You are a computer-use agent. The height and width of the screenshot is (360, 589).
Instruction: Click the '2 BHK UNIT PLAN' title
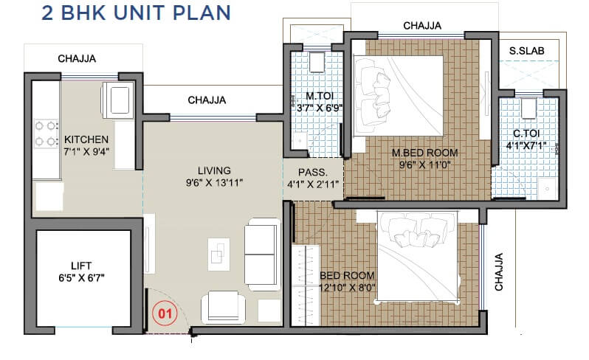tap(117, 13)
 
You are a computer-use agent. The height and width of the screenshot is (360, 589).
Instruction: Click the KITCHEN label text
tap(86, 139)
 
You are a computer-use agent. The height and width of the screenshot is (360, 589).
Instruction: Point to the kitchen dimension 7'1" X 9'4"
tap(86, 153)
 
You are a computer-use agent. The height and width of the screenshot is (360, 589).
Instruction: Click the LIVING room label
tap(214, 170)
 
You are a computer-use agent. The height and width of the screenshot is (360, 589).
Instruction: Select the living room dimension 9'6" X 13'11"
tap(214, 182)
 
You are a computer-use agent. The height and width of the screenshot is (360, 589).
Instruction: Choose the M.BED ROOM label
tap(424, 153)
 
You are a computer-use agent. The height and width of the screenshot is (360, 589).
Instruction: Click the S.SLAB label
tap(527, 50)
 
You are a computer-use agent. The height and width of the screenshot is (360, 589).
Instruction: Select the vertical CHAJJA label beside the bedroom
tap(498, 271)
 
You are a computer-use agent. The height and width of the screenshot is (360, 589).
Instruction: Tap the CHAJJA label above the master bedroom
tap(422, 26)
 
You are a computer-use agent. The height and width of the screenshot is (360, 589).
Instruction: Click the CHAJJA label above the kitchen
tap(77, 58)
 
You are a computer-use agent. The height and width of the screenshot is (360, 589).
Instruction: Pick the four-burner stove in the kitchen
tap(46, 133)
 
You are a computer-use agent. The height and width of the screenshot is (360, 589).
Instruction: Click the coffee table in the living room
tap(219, 252)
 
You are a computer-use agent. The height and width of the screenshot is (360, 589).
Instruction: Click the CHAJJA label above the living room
tap(207, 100)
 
